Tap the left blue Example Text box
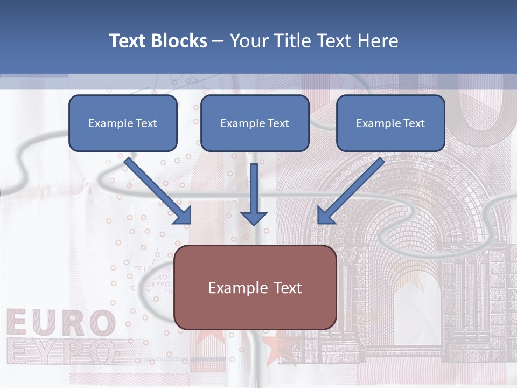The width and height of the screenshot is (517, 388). pyautogui.click(x=123, y=123)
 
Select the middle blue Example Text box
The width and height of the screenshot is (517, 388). pyautogui.click(x=255, y=123)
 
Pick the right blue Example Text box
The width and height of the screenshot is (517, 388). pyautogui.click(x=390, y=123)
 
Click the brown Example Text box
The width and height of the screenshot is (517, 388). pyautogui.click(x=255, y=288)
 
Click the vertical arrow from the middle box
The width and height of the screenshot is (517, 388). pyautogui.click(x=254, y=189)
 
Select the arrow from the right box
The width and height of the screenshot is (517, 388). pyautogui.click(x=352, y=190)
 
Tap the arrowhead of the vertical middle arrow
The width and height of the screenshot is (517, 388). pyautogui.click(x=254, y=218)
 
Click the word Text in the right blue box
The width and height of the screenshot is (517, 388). pyautogui.click(x=414, y=123)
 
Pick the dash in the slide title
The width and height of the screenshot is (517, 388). pyautogui.click(x=218, y=41)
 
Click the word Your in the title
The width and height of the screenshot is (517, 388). pyautogui.click(x=248, y=41)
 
